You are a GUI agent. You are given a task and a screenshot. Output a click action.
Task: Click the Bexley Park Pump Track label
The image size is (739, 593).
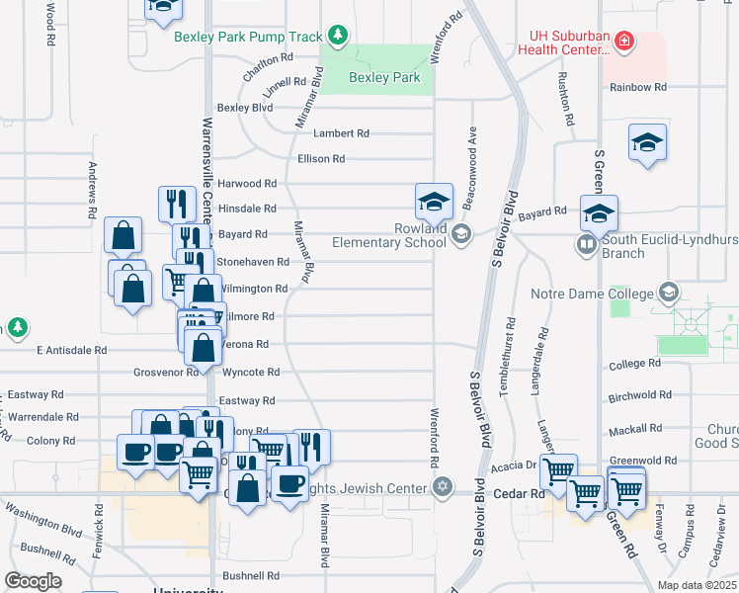[x=248, y=37]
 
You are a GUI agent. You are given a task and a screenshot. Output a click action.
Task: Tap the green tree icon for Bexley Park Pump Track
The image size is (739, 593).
[x=338, y=37]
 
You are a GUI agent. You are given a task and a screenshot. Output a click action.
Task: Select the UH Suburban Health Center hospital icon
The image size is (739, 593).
[x=623, y=42]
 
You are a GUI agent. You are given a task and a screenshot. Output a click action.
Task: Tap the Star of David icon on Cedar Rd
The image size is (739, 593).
[x=443, y=487]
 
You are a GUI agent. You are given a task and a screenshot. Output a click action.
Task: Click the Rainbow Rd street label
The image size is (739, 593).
[x=637, y=87]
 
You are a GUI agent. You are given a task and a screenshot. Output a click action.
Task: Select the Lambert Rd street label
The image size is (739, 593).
[x=341, y=133]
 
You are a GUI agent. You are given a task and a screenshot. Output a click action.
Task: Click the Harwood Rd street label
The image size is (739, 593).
[x=247, y=183]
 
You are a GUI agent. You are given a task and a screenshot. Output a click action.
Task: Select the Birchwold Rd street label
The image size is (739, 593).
[x=640, y=395]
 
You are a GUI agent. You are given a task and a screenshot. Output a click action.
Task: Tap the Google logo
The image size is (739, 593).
[x=34, y=581]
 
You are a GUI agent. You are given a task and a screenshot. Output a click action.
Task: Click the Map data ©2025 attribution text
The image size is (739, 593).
[x=696, y=585]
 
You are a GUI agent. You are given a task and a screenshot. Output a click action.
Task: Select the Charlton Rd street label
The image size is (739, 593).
[x=268, y=57]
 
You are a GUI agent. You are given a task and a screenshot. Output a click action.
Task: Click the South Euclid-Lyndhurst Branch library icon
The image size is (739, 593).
[x=587, y=244]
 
